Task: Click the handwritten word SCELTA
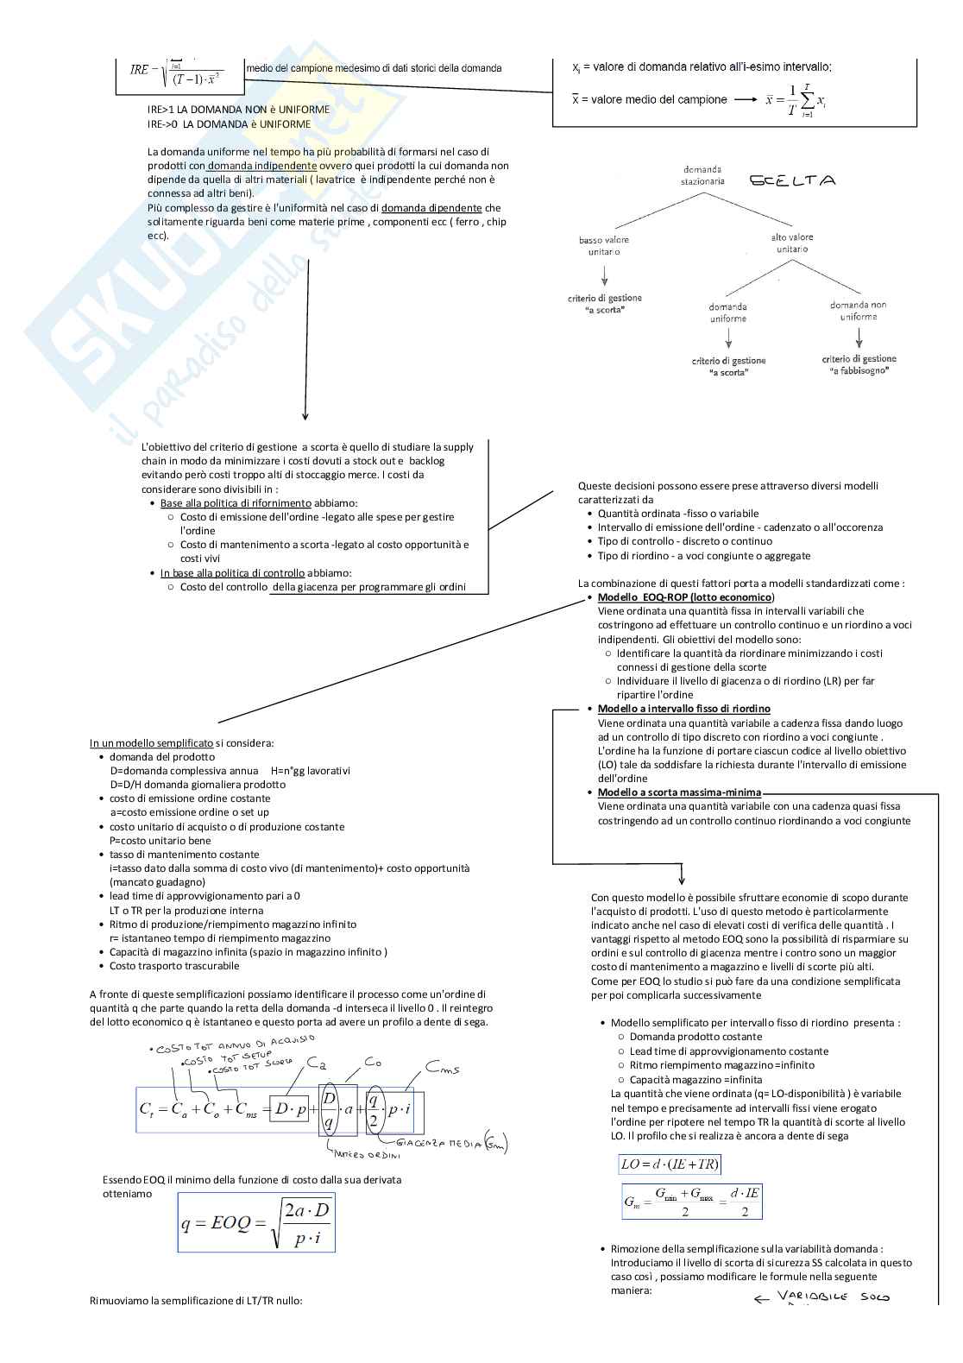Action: pos(792,181)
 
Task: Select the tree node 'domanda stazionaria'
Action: pos(702,176)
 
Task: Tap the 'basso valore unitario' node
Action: pos(604,246)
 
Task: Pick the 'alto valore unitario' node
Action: pos(792,243)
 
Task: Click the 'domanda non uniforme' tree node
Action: pos(858,311)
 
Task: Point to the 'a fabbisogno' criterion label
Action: pos(859,364)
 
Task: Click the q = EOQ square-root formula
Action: pos(256,1222)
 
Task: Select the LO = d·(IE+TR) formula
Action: pos(670,1164)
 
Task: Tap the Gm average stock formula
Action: pos(692,1201)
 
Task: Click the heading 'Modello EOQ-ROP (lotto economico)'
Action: pos(686,597)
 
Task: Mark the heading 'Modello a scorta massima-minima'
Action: pos(679,792)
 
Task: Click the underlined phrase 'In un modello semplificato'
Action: pos(151,743)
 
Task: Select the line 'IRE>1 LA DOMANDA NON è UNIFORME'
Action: pos(238,110)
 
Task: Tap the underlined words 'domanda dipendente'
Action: pos(431,208)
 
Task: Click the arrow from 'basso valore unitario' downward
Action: pos(604,275)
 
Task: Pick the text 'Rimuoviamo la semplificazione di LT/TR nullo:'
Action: pos(196,1301)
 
